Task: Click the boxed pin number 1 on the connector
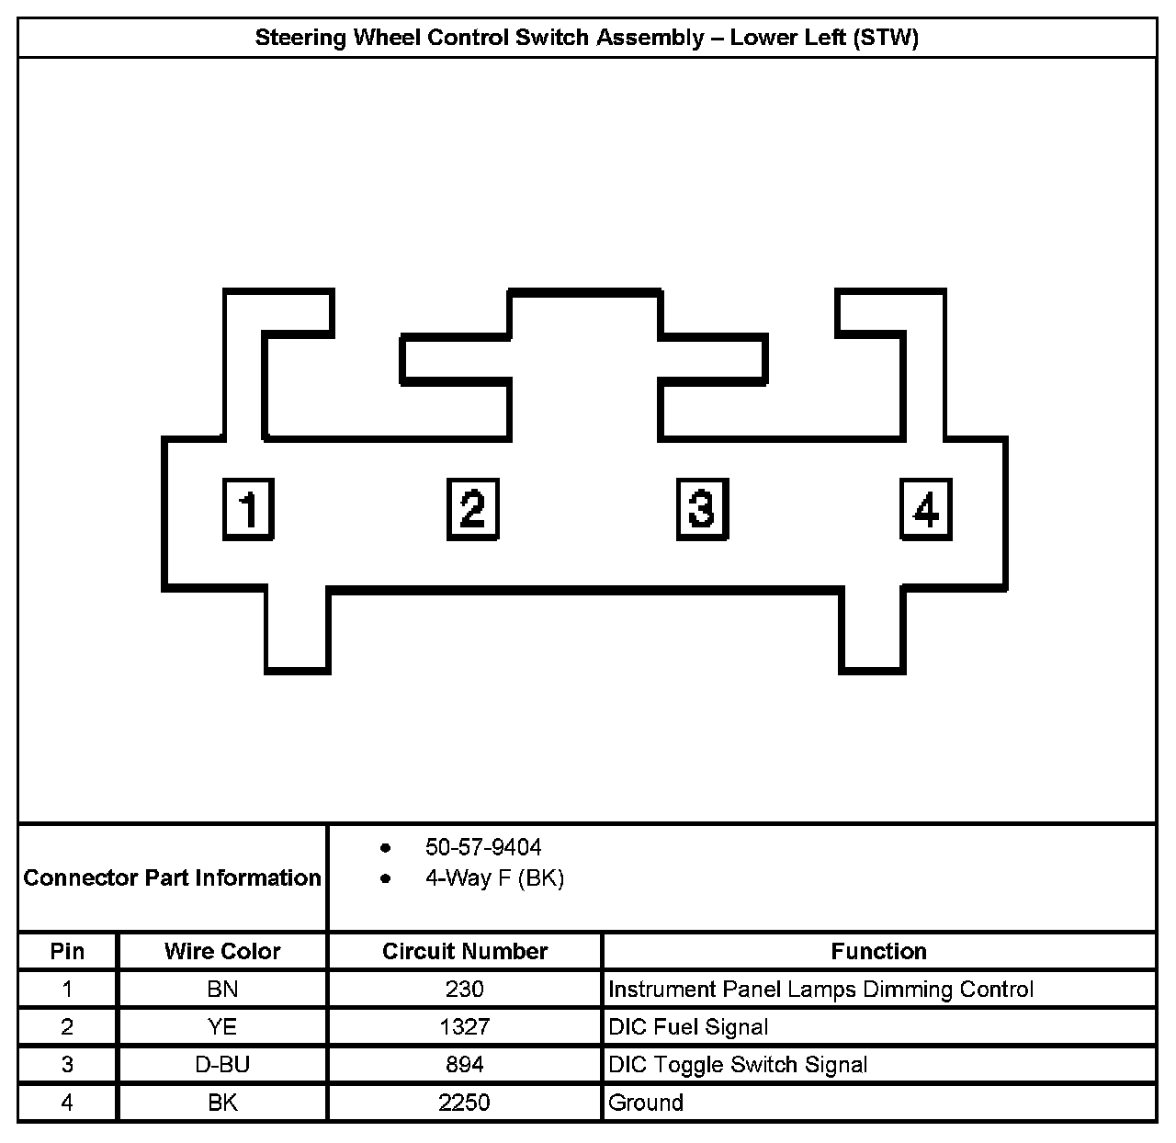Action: tap(248, 508)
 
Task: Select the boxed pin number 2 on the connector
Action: tap(472, 508)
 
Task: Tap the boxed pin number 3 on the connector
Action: tap(702, 508)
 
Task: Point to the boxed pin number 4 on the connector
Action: tap(925, 508)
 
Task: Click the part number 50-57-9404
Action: tap(483, 847)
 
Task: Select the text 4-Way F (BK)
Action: tap(494, 878)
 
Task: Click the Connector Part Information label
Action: tap(173, 878)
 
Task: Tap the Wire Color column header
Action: tap(222, 951)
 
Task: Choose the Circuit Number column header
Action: tap(465, 951)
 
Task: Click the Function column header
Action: tap(878, 951)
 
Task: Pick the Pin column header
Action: tap(67, 951)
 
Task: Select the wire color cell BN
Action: tap(222, 990)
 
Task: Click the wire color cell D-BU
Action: tap(222, 1065)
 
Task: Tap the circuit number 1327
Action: tap(465, 1027)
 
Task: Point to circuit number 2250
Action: tap(465, 1103)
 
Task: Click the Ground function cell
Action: tap(646, 1103)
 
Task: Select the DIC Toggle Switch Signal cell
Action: tap(738, 1065)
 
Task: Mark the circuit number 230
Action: tap(465, 990)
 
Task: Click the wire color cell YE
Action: tap(222, 1027)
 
